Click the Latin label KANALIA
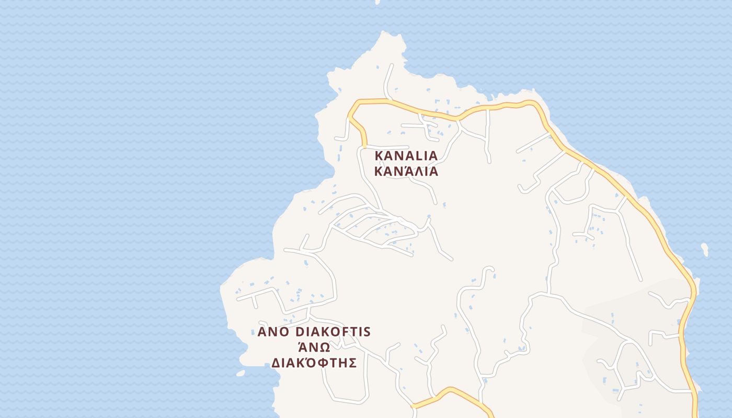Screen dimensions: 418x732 pos(406,156)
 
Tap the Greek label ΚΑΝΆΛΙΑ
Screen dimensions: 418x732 pos(406,171)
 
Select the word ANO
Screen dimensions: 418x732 pos(274,332)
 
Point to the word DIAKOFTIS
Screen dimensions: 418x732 pos(333,332)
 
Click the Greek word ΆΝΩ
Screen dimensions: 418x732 pos(314,347)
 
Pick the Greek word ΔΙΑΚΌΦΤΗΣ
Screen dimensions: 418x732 pos(314,363)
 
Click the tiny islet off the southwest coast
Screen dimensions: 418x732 pos(240,374)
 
